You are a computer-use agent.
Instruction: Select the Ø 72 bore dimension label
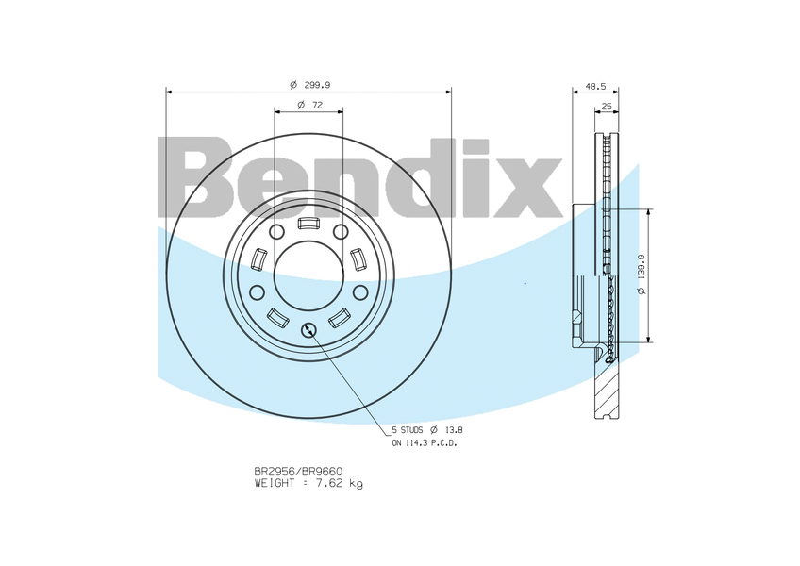click(309, 105)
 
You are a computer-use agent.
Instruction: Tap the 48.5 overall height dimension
click(595, 85)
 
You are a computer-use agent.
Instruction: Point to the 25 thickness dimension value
click(607, 106)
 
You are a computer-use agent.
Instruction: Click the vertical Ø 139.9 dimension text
click(641, 275)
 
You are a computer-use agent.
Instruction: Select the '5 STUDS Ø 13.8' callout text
click(427, 429)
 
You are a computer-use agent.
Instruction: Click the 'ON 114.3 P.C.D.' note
click(425, 442)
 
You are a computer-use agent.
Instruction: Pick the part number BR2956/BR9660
click(297, 471)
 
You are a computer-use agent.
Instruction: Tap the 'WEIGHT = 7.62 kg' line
click(308, 483)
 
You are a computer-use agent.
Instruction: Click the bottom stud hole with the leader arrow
click(308, 329)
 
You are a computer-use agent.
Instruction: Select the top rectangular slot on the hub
click(308, 224)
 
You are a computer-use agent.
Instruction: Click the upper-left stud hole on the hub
click(276, 232)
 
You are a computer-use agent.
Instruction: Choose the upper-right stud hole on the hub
click(341, 232)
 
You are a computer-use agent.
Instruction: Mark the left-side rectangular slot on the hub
click(259, 258)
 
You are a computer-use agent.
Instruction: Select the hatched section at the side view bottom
click(607, 387)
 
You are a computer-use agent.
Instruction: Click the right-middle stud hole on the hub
click(360, 292)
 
